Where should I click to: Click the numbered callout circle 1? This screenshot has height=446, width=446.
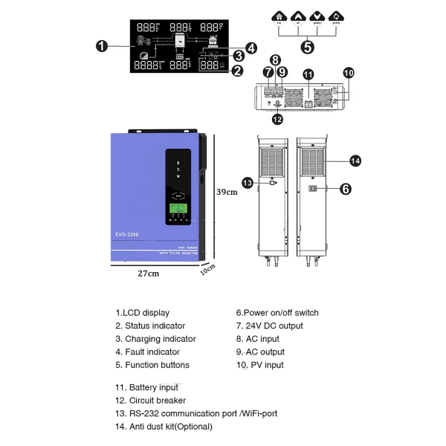click(102, 45)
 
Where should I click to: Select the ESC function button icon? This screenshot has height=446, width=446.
click(279, 17)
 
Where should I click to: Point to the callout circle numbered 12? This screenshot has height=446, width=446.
click(277, 118)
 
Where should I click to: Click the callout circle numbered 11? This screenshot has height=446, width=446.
click(308, 74)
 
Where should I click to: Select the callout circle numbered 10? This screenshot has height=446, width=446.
click(349, 72)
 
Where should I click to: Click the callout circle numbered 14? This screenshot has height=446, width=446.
click(355, 160)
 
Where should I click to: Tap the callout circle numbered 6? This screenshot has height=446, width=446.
click(345, 189)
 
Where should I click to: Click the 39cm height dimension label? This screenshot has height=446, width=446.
click(226, 191)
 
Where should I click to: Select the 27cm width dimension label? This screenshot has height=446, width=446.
click(149, 273)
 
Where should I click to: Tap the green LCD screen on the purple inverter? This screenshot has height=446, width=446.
click(177, 209)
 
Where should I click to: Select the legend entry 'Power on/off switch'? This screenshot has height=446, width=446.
click(277, 313)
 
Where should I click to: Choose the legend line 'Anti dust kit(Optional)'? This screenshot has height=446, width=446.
click(163, 427)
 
